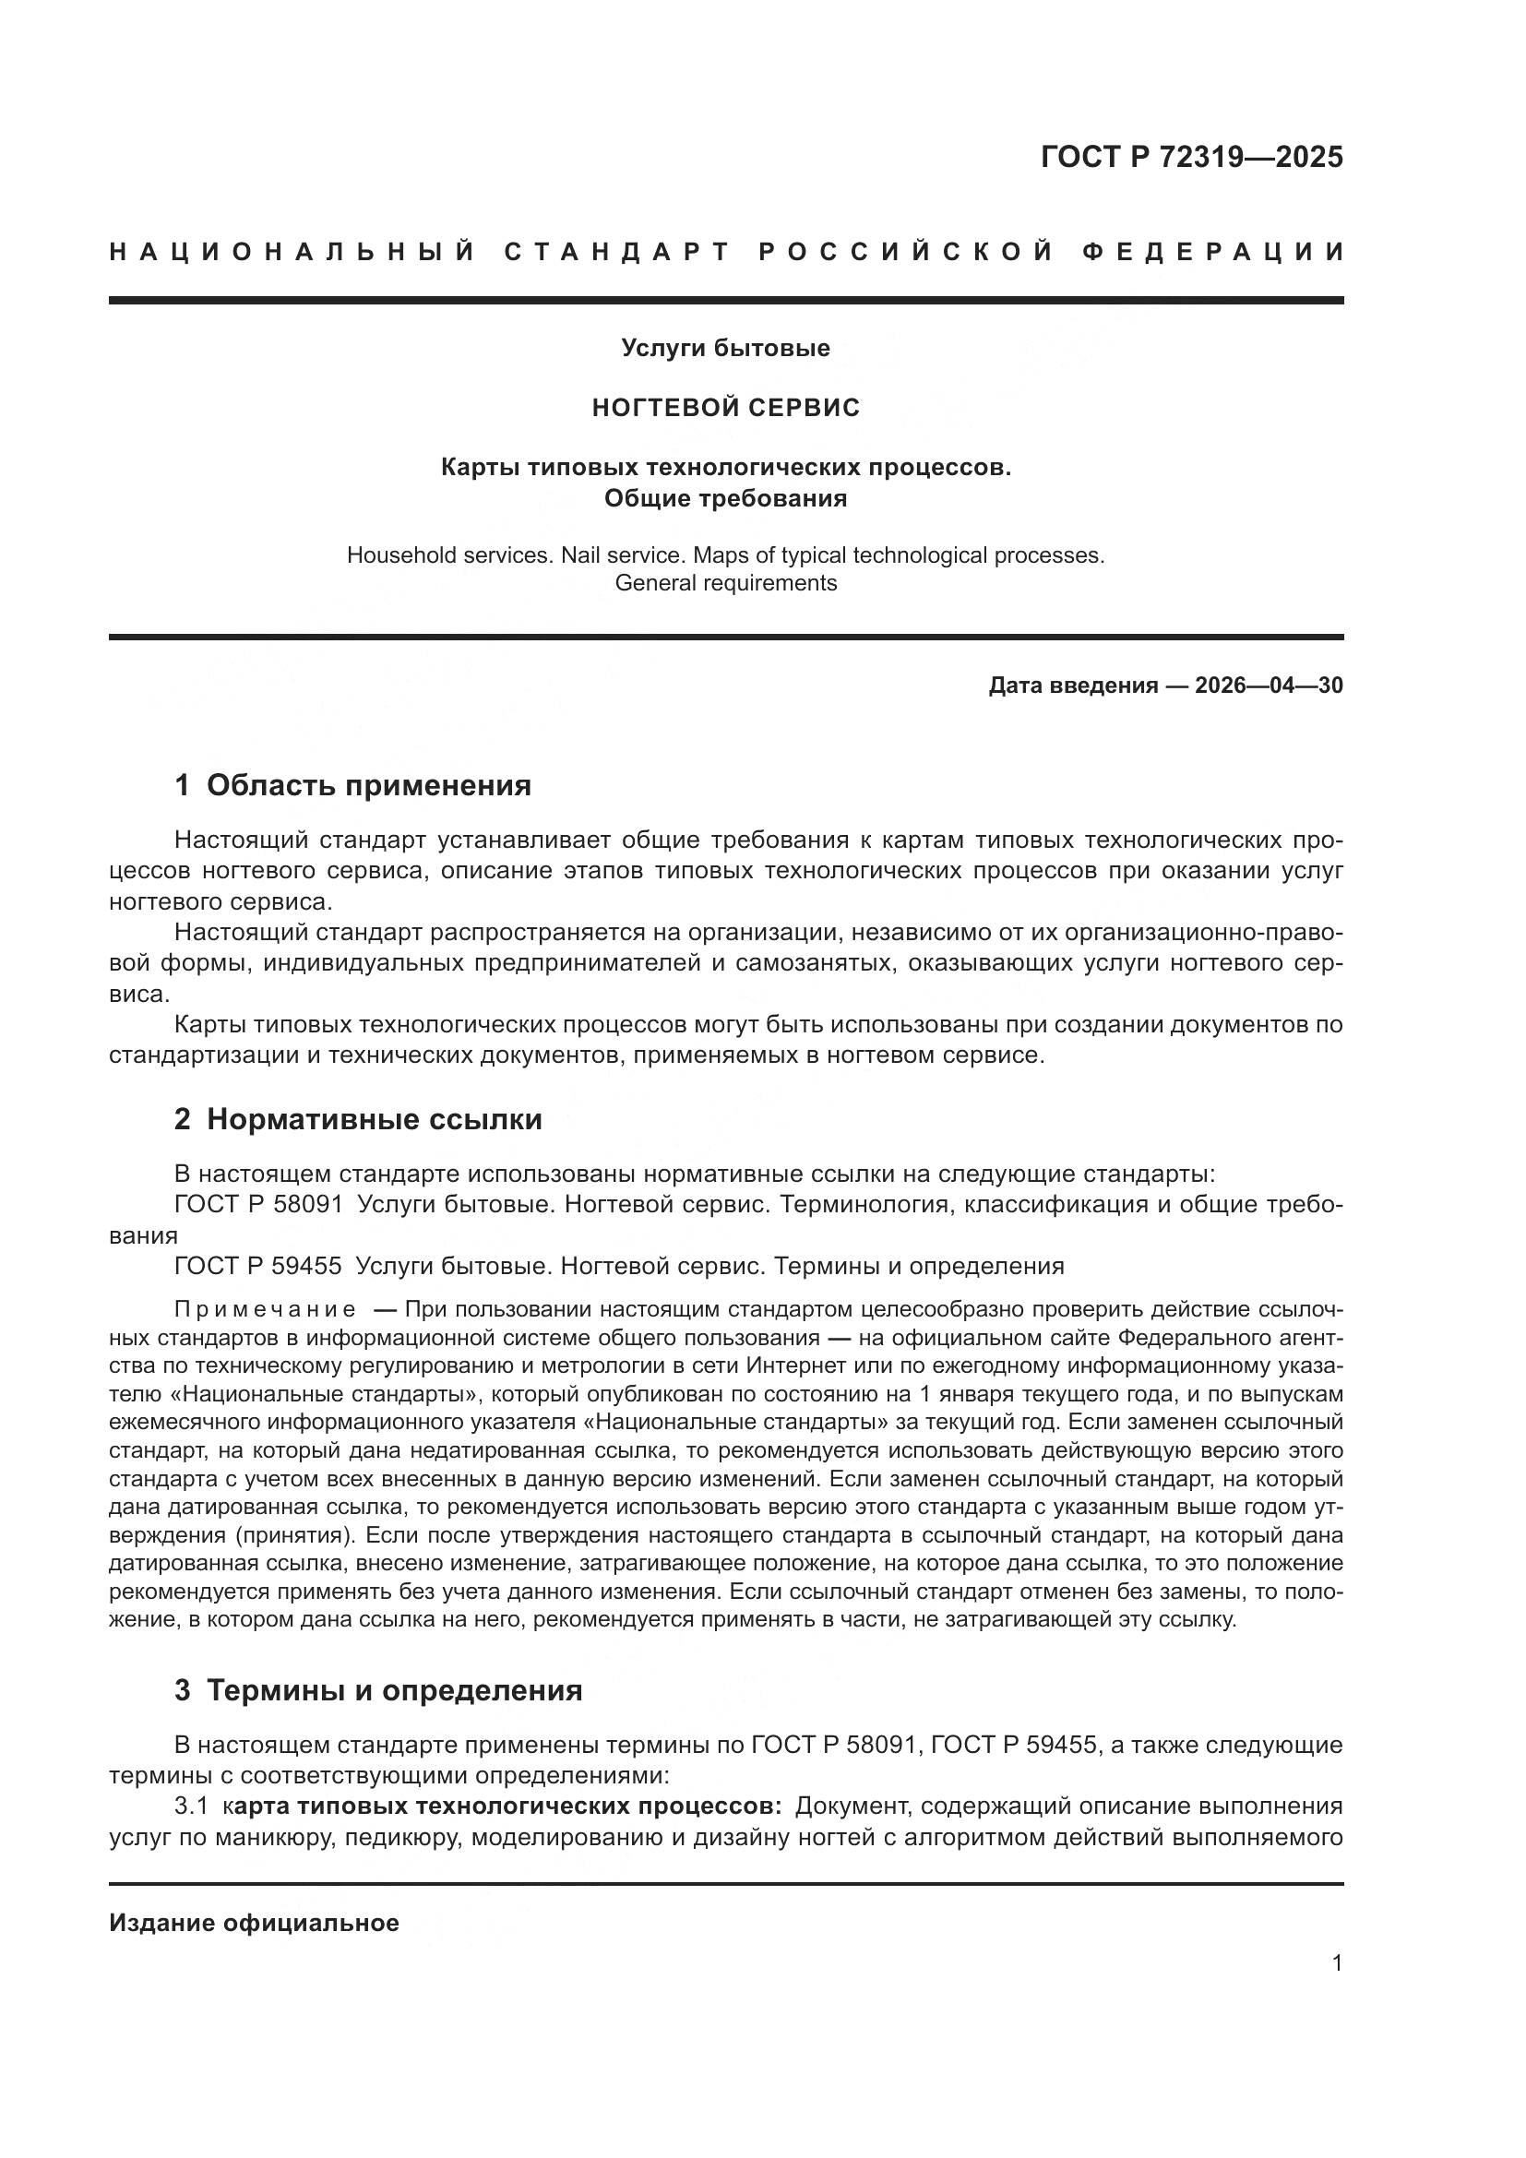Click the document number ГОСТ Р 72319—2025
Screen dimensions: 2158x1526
1191,157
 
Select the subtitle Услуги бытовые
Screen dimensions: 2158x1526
725,348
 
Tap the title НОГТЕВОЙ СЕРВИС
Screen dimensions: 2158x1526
725,408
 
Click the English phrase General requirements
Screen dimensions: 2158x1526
725,583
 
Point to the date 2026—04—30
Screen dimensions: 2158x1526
1269,686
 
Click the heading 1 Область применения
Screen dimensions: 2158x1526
353,785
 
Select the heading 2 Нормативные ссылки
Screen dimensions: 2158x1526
358,1119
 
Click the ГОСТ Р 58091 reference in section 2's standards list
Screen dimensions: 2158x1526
258,1205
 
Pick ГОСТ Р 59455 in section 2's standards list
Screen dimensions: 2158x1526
258,1266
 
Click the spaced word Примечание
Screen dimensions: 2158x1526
265,1310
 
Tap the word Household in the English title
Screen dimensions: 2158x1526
400,555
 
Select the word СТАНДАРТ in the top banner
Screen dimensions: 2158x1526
616,252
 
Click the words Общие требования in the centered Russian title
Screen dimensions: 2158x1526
725,498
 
